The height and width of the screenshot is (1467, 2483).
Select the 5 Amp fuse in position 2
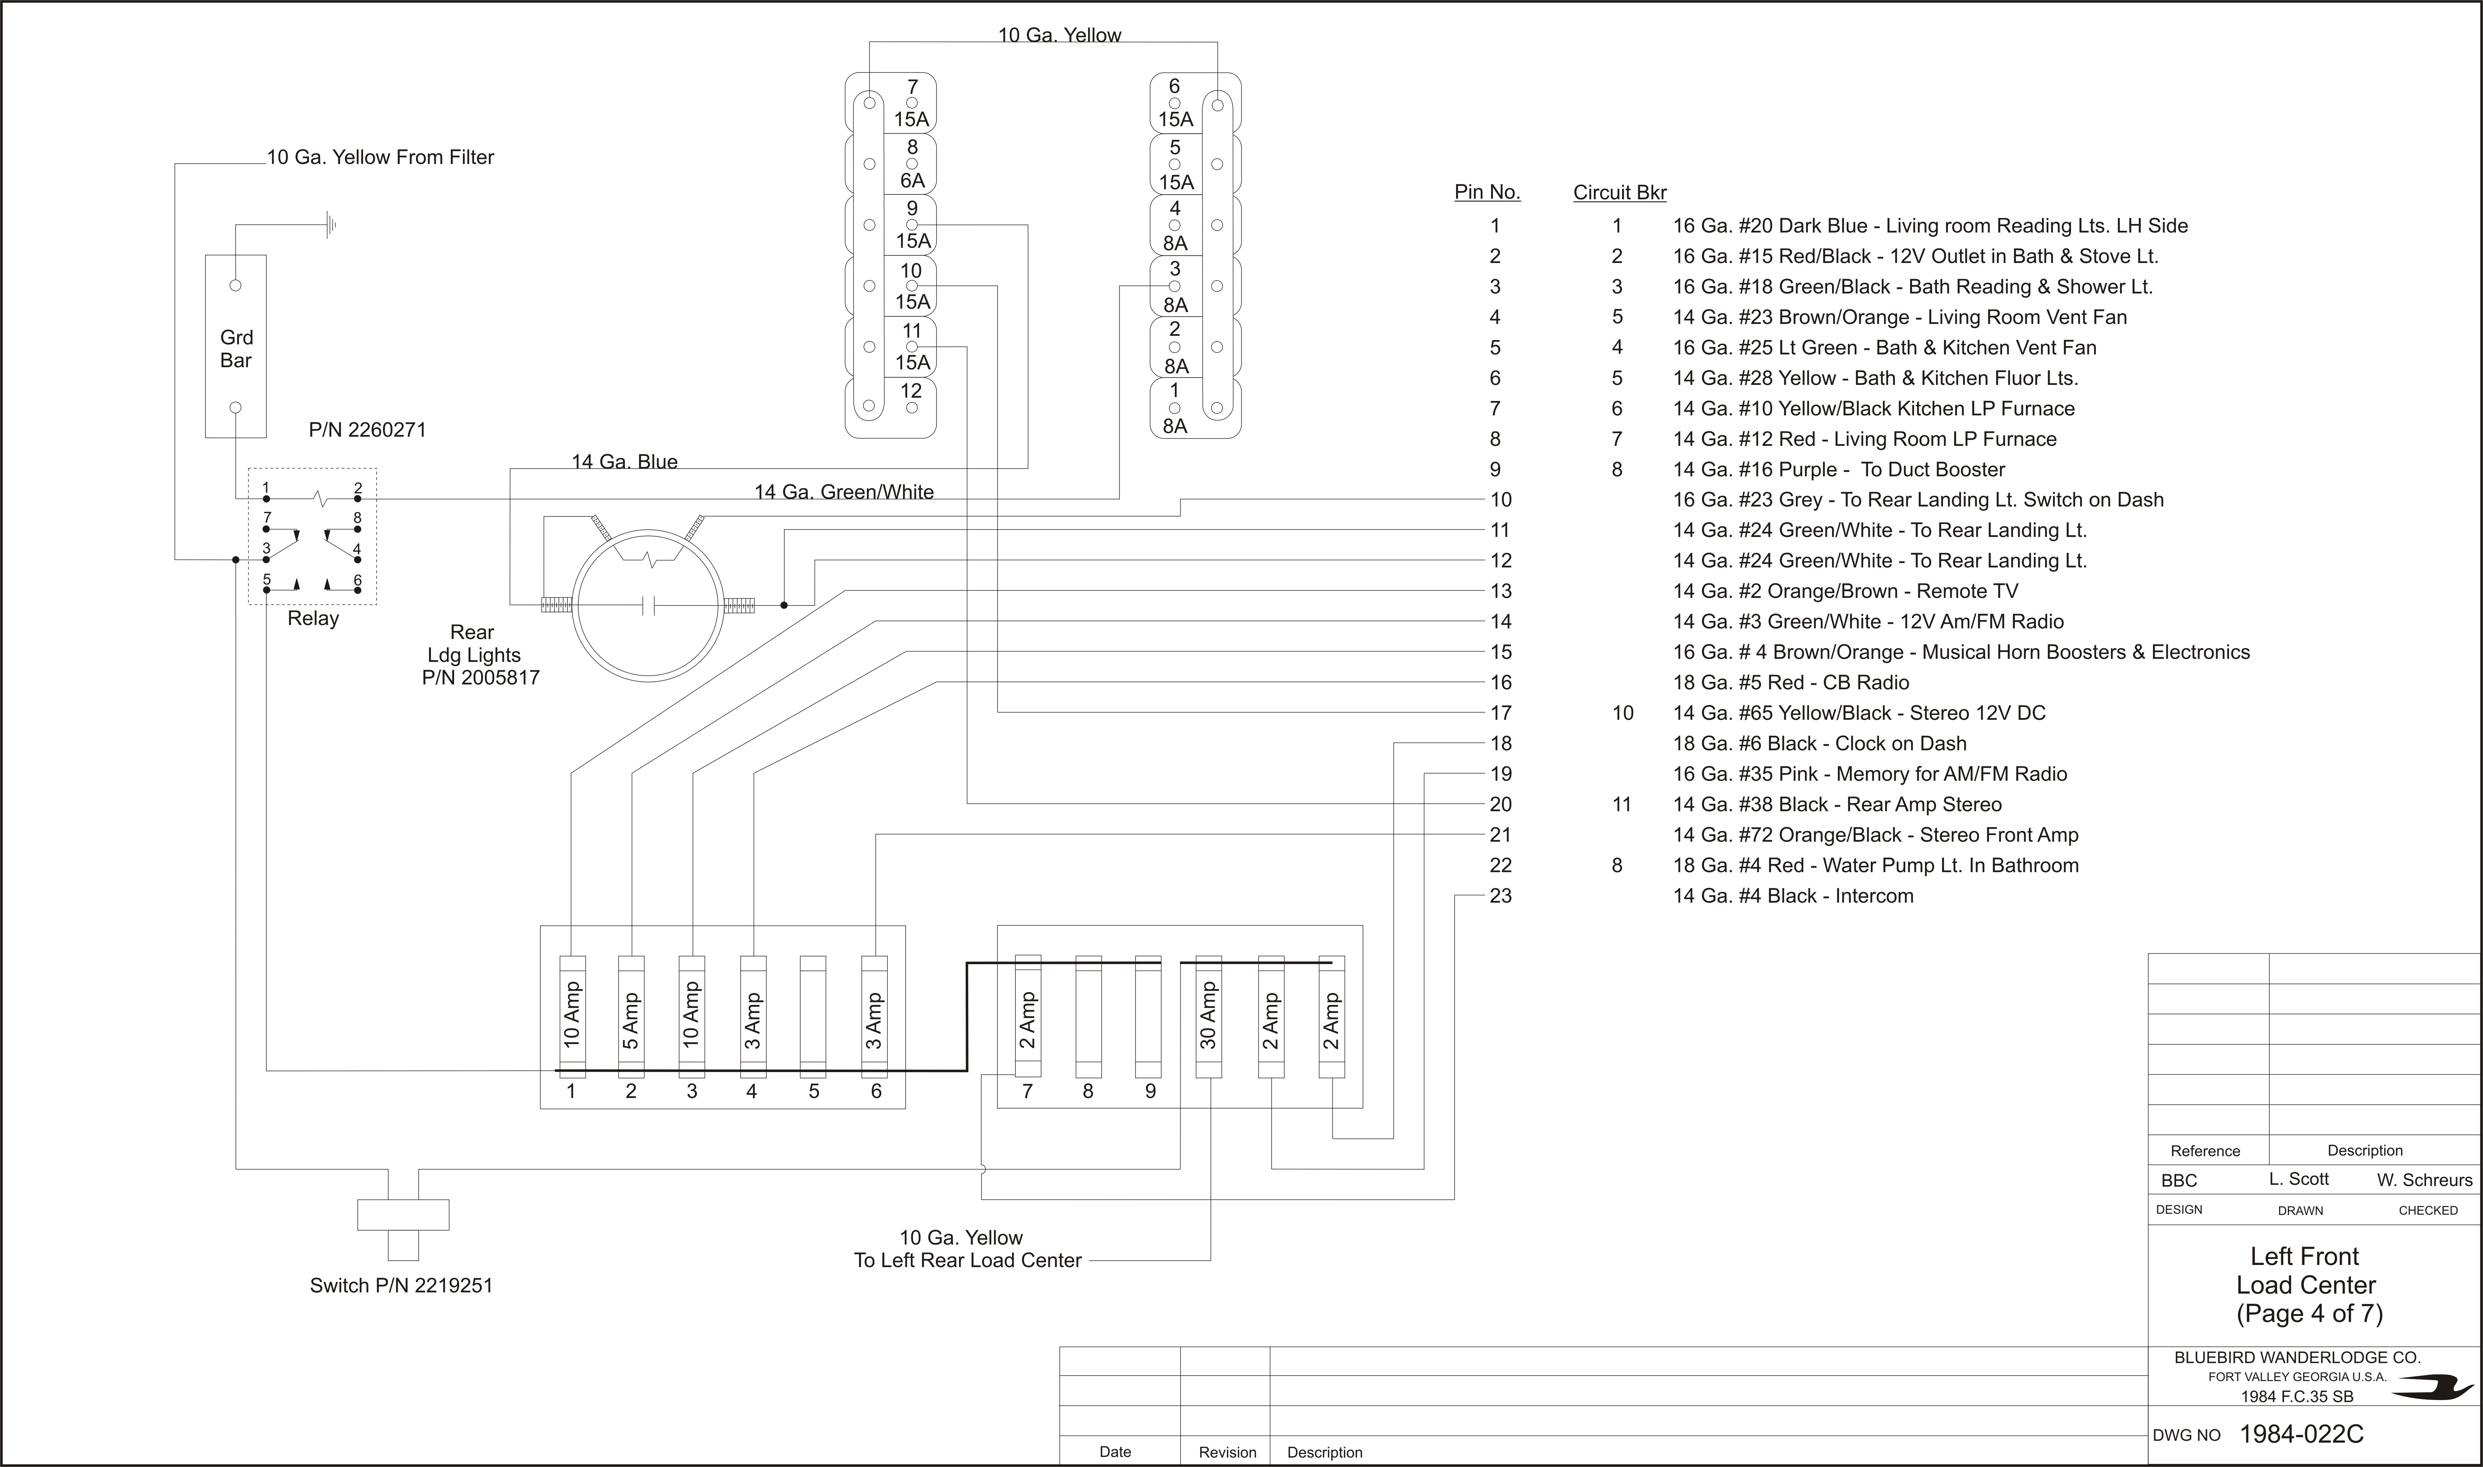click(x=631, y=1016)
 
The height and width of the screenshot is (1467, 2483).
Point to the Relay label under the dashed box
click(x=313, y=618)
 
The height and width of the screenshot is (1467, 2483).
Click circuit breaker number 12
click(x=891, y=407)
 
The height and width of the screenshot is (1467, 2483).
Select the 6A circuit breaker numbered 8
click(x=891, y=164)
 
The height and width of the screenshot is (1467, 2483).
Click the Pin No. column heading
click(x=1487, y=192)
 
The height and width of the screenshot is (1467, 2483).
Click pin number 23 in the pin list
click(x=1501, y=896)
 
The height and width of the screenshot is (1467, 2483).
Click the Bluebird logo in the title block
click(x=2431, y=1389)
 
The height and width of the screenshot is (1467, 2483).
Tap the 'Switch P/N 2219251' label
click(x=401, y=1285)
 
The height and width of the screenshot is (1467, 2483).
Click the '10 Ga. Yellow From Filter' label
click(x=381, y=157)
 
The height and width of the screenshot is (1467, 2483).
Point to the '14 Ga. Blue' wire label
click(x=625, y=462)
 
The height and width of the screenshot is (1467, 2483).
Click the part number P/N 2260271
click(x=368, y=430)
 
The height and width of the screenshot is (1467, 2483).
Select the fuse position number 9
click(x=1149, y=1091)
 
